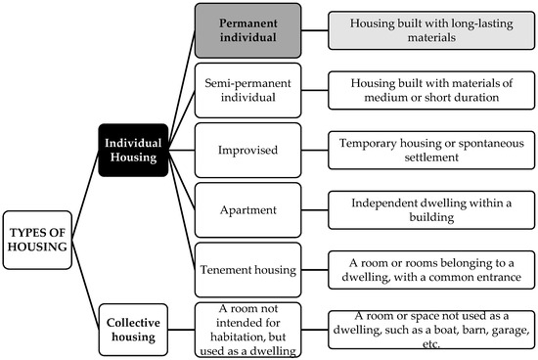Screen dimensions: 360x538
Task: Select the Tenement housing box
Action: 247,269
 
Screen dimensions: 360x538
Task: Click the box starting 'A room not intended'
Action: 247,327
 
